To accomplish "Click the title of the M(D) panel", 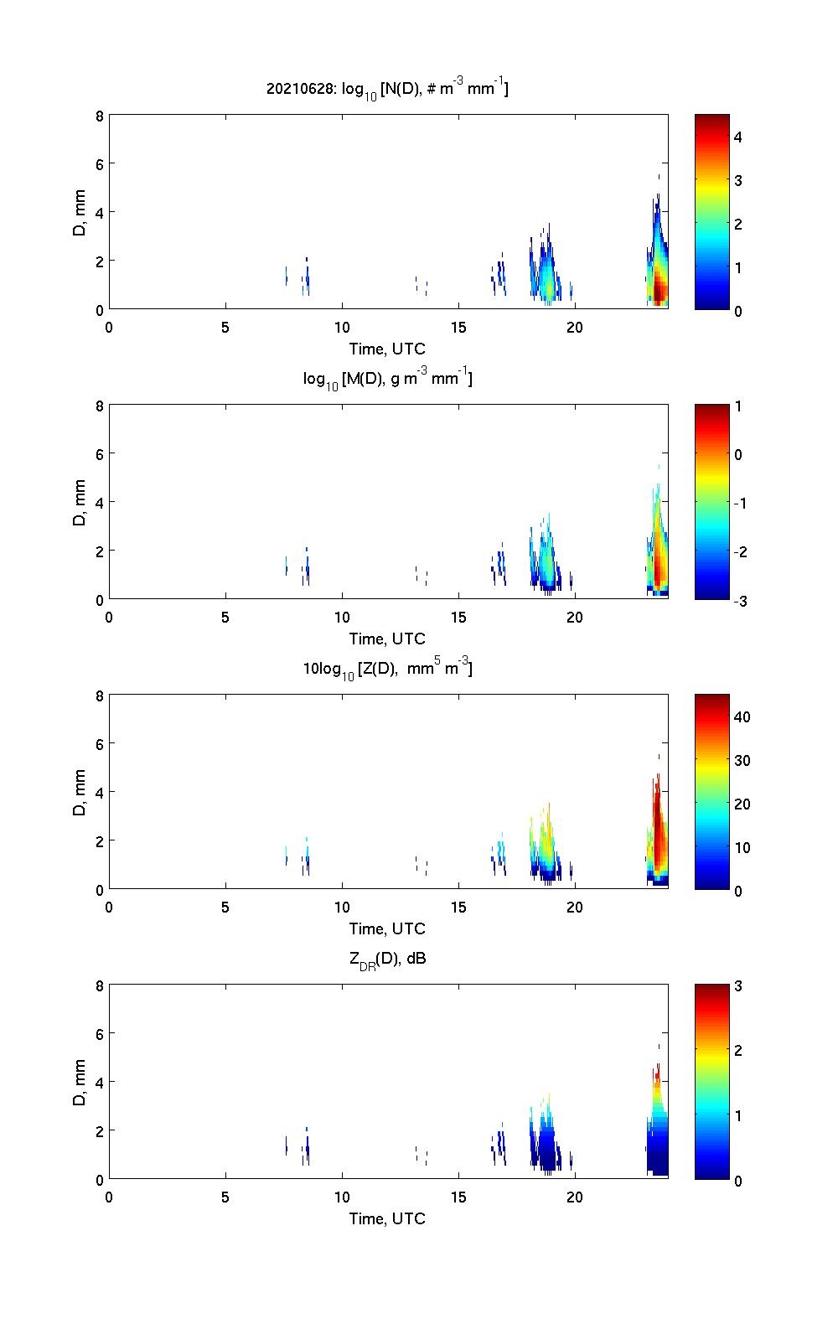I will [x=387, y=379].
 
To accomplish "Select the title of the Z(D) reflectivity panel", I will [x=387, y=669].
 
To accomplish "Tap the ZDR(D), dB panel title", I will [x=387, y=959].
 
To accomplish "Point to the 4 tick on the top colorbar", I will [x=738, y=137].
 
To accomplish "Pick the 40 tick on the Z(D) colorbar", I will [x=742, y=716].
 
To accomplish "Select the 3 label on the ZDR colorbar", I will [x=738, y=986].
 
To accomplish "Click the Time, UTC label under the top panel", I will [x=387, y=349].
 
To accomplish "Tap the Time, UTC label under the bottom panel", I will [x=387, y=1218].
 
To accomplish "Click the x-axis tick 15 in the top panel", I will [x=458, y=327].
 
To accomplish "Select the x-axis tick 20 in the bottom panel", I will [x=575, y=1197].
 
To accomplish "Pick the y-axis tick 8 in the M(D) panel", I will [x=99, y=406].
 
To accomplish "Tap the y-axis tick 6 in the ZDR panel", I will [x=99, y=1034].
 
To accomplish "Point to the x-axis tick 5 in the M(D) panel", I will [x=225, y=617].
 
